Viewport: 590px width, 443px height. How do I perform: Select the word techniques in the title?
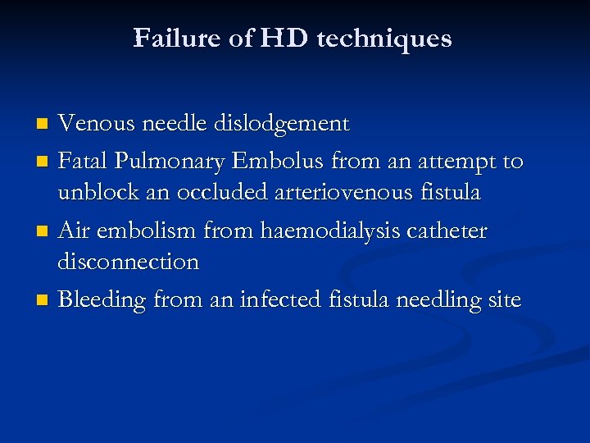click(383, 39)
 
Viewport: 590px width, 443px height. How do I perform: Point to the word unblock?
click(95, 193)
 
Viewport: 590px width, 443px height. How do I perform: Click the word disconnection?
click(128, 262)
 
